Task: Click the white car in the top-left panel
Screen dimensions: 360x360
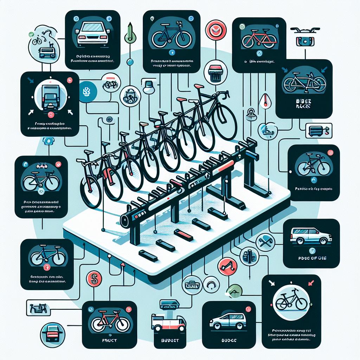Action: (92, 33)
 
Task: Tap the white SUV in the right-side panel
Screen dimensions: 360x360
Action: (311, 237)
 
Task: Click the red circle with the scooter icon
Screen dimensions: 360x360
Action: (225, 266)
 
